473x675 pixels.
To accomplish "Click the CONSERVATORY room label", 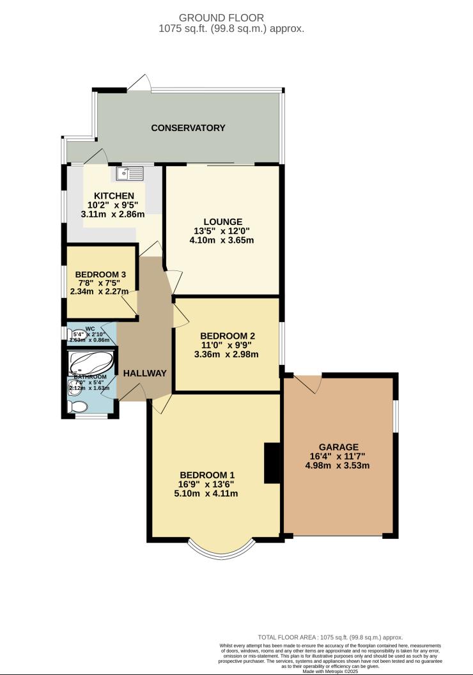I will coord(188,128).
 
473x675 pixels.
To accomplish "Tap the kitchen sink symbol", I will coord(130,173).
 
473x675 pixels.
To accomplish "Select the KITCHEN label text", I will coord(114,196).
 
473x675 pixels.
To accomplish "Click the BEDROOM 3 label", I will coord(100,275).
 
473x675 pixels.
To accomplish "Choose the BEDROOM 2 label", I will coord(228,336).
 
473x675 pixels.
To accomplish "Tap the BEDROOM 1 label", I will coord(207,475).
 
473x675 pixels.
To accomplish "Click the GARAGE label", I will coord(338,447).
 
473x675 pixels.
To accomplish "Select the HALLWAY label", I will coord(145,373).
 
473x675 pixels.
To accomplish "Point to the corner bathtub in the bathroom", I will coord(91,364).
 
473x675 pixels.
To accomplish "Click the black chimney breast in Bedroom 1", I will coord(272,463).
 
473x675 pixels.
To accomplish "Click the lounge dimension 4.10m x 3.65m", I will coord(222,241).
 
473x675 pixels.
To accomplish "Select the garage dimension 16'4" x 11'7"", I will coord(338,456).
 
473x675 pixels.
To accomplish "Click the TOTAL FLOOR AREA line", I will coord(330,637).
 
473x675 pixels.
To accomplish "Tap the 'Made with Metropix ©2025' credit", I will coord(330,671).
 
